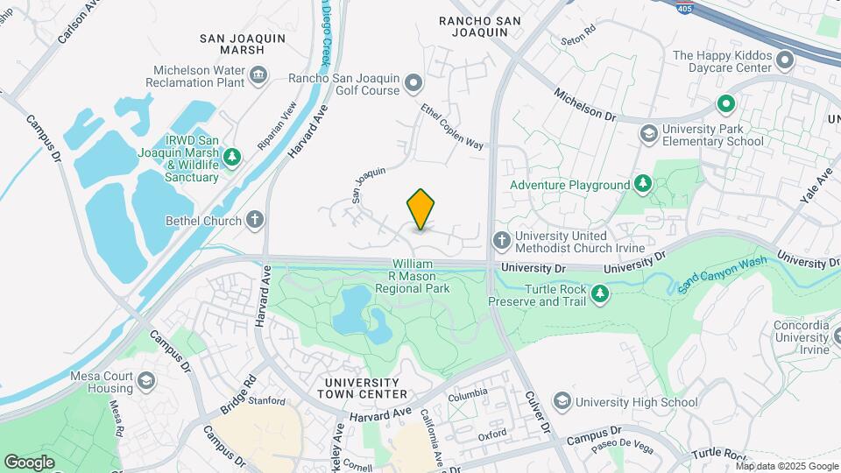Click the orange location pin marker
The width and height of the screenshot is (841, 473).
point(420,208)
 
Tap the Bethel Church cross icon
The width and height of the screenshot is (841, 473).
point(255,220)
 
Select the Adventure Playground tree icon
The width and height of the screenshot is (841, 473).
point(643,185)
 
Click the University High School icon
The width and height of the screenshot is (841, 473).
point(561,402)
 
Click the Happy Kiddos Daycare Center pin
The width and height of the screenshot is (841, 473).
point(785,61)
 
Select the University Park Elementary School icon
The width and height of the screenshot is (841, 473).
point(648,134)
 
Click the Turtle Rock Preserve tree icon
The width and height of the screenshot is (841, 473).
point(601,294)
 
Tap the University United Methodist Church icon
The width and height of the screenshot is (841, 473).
point(501,241)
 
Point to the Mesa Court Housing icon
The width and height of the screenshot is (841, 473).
point(145,382)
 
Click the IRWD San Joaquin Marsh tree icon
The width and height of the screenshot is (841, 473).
point(232,158)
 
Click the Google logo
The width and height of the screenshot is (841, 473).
point(29,462)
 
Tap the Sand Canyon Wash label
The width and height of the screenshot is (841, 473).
point(723,271)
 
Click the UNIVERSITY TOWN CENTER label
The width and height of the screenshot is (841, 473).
point(365,388)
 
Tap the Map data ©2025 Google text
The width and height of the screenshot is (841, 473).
point(786,465)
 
